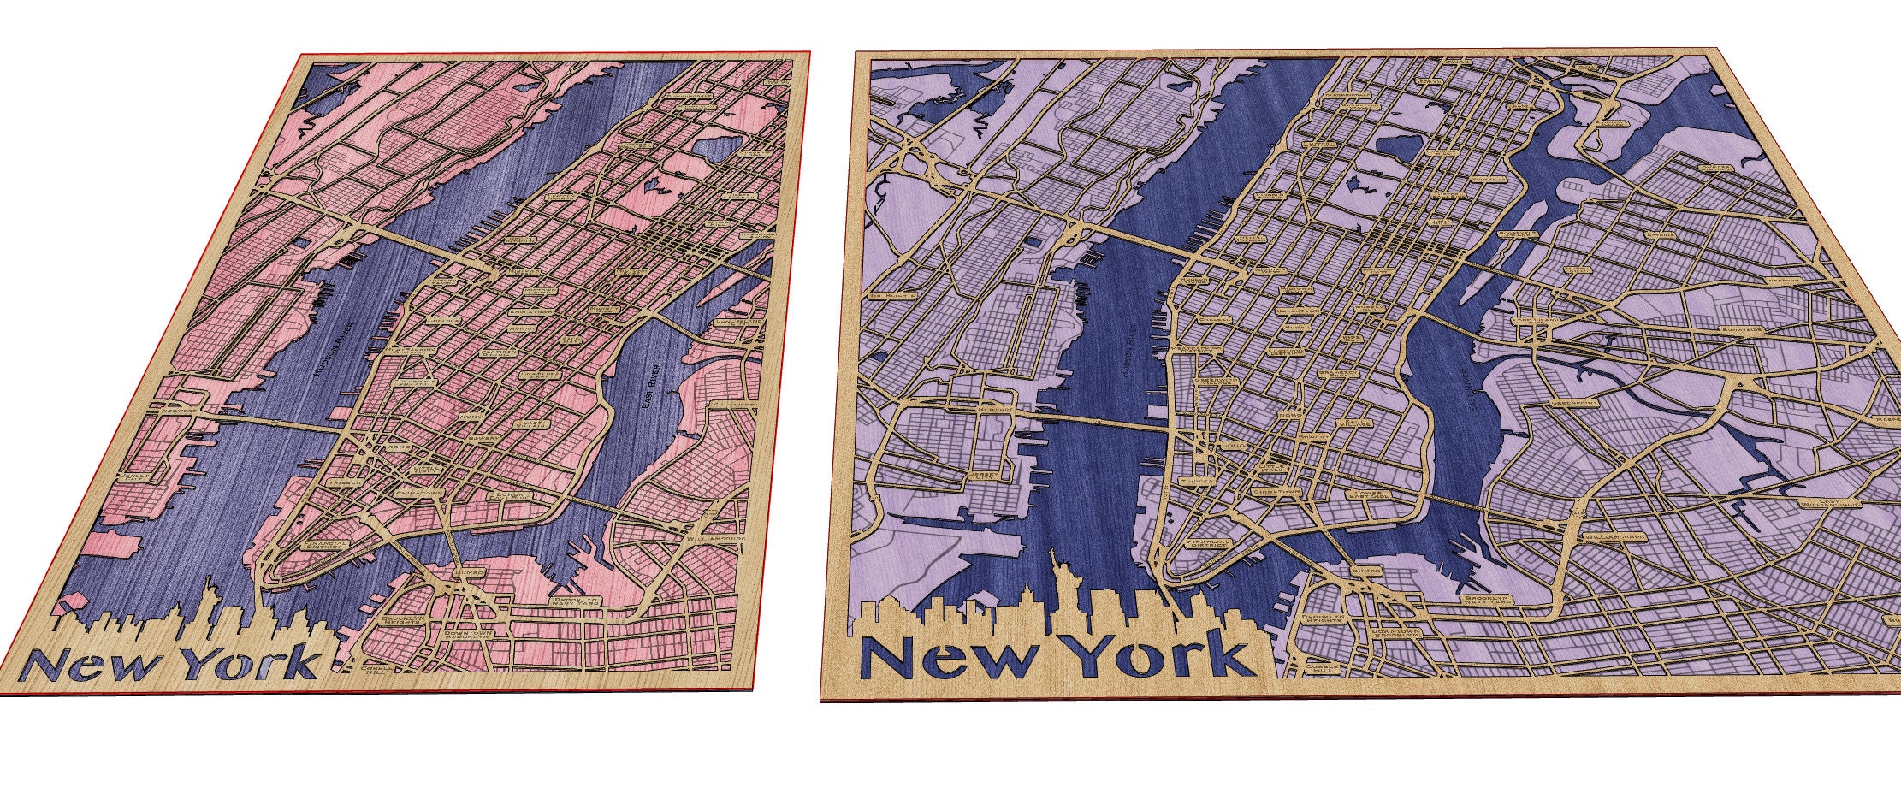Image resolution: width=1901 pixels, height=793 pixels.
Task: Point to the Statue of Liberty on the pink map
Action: coord(209,593)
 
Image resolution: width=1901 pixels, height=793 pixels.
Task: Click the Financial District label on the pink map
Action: coord(326,545)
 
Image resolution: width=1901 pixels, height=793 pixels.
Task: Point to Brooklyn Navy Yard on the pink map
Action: coord(571,602)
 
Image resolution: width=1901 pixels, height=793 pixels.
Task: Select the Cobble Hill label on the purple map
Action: coord(1318,670)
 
